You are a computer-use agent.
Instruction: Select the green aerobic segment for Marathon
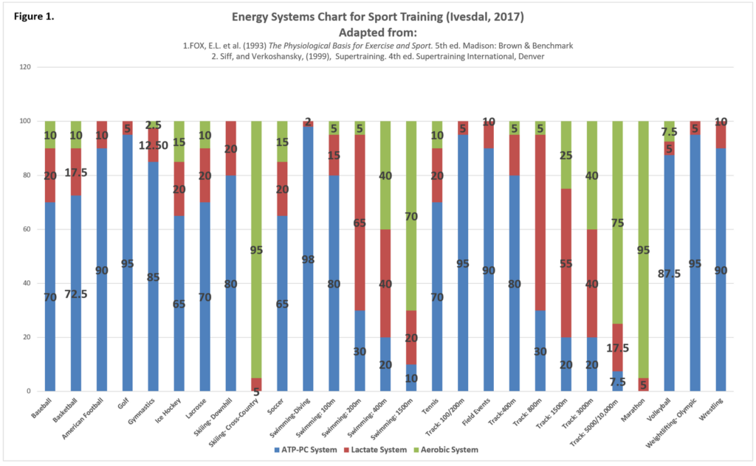643,221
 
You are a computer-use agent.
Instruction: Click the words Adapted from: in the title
376,32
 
